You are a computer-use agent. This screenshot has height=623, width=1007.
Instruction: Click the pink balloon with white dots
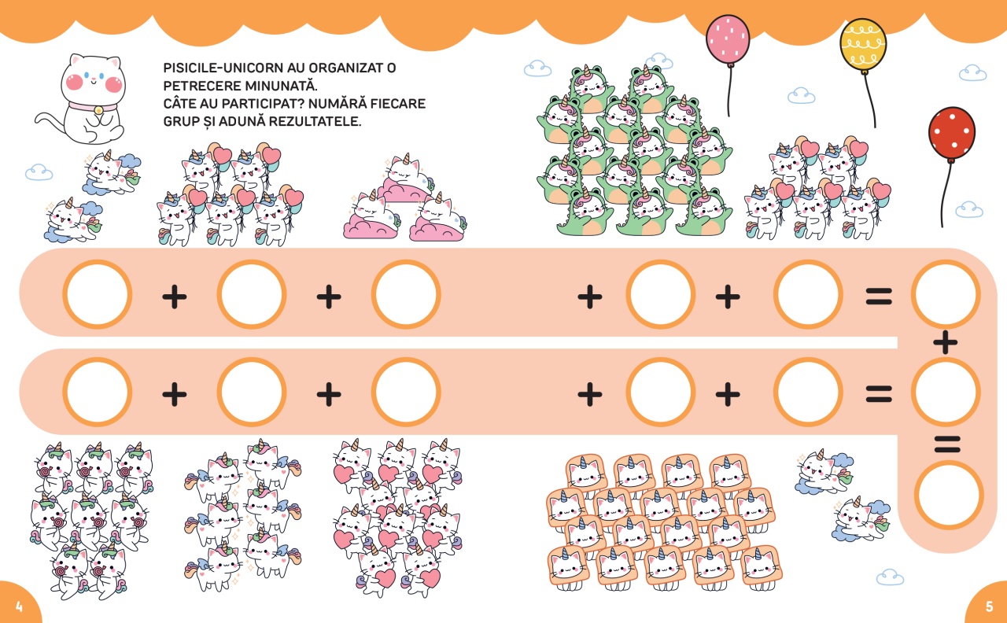click(728, 41)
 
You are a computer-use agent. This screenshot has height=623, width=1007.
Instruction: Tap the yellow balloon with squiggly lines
click(863, 44)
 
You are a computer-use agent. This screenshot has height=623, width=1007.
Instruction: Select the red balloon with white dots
click(951, 135)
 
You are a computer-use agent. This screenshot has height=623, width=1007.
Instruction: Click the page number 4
click(18, 606)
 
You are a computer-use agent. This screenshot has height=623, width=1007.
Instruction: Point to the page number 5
click(989, 606)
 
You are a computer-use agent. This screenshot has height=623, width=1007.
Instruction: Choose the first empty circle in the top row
click(98, 295)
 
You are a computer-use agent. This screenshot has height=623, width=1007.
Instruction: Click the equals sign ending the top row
click(879, 296)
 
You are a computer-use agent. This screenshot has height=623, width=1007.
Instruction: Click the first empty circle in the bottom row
click(98, 392)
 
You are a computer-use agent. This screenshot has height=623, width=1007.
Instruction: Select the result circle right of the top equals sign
click(946, 295)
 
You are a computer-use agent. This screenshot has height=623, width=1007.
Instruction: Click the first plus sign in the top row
click(175, 296)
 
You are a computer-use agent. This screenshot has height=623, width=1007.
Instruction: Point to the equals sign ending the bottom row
click(879, 393)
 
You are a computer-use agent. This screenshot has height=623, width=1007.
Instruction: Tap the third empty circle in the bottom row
click(406, 392)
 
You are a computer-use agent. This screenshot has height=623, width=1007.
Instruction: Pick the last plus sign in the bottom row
click(728, 393)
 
